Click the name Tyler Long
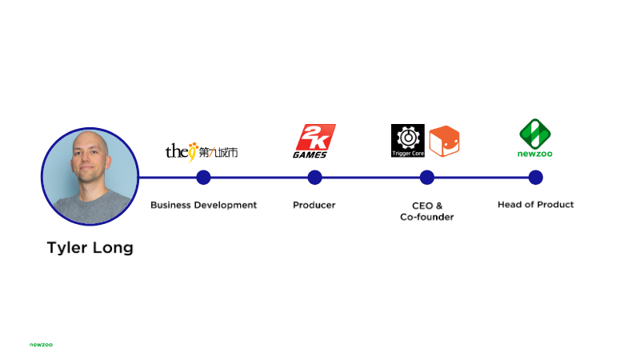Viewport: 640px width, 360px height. point(90,248)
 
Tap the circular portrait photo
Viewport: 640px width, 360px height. point(90,176)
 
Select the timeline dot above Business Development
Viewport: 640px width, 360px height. point(203,178)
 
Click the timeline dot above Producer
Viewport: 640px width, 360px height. point(314,178)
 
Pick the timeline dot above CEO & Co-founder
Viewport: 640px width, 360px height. point(427,178)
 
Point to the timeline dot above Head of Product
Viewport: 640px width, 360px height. point(535,178)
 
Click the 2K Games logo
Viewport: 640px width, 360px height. point(314,142)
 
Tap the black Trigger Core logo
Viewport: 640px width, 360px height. point(408,141)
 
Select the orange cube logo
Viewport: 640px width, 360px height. point(445,142)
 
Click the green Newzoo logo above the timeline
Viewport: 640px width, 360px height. point(535,138)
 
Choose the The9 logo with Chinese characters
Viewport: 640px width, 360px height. point(202,152)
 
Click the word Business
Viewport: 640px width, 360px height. point(170,205)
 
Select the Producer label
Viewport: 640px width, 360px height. point(314,205)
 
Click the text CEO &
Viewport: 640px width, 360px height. point(427,206)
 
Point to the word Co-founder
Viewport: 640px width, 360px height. point(427,217)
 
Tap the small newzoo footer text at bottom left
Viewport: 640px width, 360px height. point(41,345)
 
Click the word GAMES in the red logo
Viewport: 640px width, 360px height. point(310,154)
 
